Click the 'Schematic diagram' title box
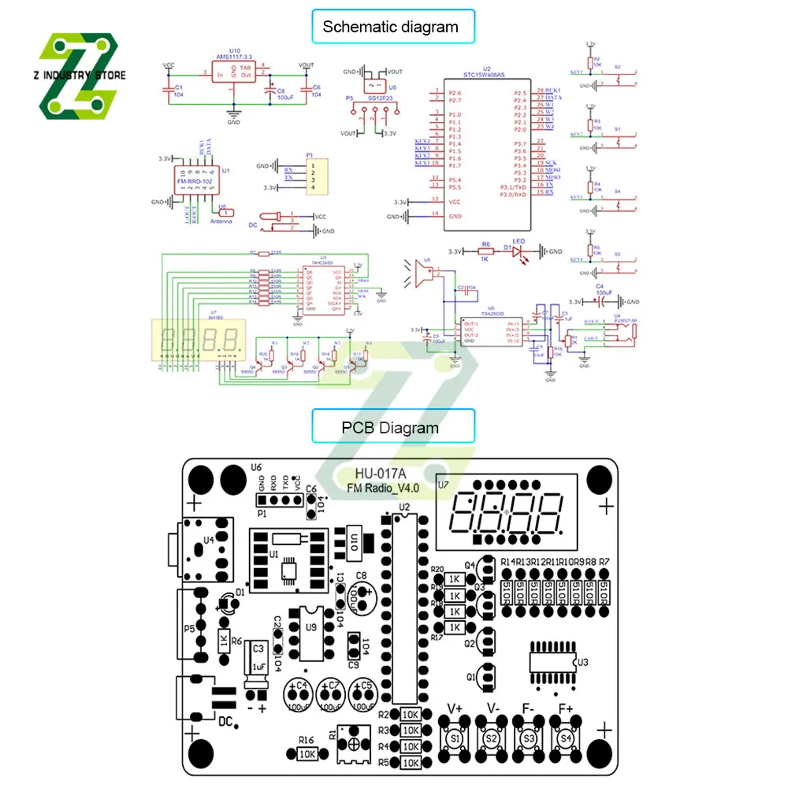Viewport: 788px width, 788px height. click(x=390, y=27)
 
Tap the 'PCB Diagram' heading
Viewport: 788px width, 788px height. click(x=390, y=428)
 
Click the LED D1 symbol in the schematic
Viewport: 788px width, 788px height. click(x=519, y=251)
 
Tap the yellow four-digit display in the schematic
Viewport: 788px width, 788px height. click(x=199, y=339)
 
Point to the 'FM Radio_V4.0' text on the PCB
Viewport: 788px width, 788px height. click(x=384, y=488)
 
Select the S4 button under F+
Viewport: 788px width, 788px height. click(x=564, y=739)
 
